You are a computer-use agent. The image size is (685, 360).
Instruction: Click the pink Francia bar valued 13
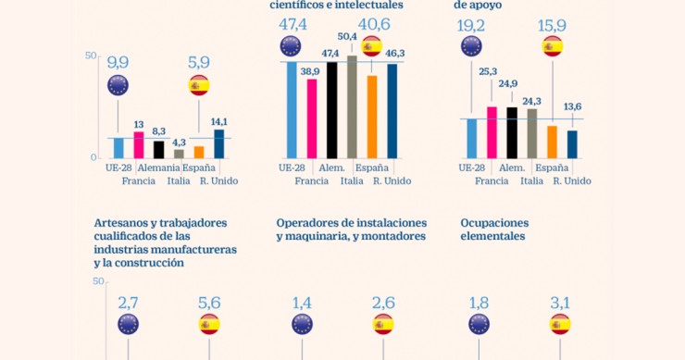(139, 144)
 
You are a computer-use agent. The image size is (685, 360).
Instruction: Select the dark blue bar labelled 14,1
(218, 143)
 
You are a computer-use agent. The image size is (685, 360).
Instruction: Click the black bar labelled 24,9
(511, 132)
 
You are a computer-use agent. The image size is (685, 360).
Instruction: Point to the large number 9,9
(118, 63)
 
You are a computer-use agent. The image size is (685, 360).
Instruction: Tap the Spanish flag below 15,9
(553, 47)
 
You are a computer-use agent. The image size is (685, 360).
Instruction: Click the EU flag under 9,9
(118, 86)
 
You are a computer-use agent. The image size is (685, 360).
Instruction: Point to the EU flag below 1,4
(302, 324)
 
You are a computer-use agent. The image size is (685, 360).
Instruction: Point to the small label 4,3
(179, 141)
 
